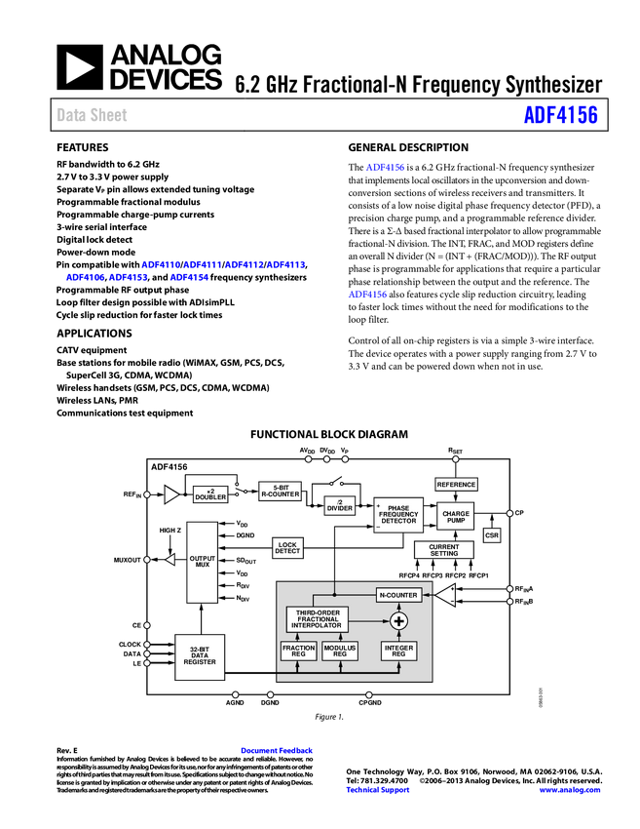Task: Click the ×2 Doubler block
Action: (210, 494)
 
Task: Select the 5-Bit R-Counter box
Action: (281, 492)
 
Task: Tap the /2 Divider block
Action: (339, 505)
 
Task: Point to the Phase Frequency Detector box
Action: (398, 514)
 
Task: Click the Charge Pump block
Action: (456, 517)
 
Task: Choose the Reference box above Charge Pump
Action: (456, 485)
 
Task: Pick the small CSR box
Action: (492, 535)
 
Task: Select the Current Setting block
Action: (443, 550)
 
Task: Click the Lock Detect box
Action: (287, 548)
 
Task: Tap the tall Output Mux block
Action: (202, 562)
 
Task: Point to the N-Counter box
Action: (398, 595)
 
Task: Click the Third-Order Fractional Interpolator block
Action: (317, 618)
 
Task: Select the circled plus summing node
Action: (398, 621)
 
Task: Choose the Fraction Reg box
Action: (298, 651)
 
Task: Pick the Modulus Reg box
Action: (340, 651)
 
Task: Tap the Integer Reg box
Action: (398, 651)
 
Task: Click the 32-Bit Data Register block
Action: (200, 657)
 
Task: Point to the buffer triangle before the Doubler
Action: (171, 494)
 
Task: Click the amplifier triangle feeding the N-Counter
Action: (445, 594)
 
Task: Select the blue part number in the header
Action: (560, 115)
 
